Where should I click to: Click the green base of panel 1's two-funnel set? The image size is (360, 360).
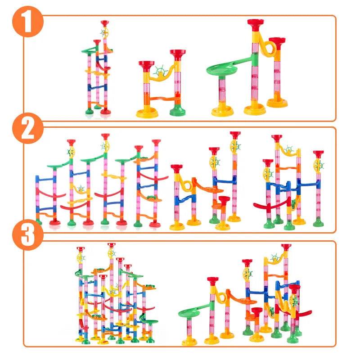click(177, 110)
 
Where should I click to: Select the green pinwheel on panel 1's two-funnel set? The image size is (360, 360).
click(159, 71)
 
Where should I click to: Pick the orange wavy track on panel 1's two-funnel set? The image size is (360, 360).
click(162, 99)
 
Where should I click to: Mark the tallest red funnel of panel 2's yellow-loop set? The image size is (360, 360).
click(235, 135)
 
